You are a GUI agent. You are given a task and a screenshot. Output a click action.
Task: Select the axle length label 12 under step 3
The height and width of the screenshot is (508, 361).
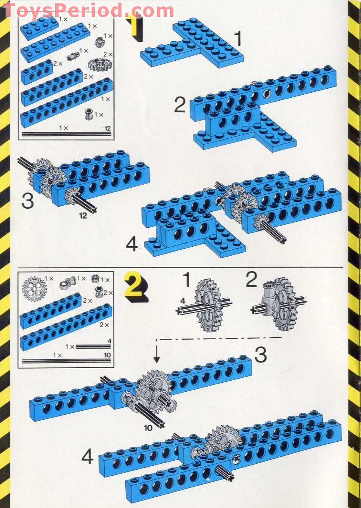83,215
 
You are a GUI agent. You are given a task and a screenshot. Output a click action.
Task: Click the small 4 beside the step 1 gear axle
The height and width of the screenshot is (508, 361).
183,301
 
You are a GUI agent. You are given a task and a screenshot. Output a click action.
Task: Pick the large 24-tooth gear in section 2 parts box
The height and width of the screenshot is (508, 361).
33,288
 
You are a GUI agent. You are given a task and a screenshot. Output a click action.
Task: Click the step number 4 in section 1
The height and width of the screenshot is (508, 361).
132,245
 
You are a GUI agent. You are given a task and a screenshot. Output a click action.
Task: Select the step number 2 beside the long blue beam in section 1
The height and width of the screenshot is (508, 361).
180,105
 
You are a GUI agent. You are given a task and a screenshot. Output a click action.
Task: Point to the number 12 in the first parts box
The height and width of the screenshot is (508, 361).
108,128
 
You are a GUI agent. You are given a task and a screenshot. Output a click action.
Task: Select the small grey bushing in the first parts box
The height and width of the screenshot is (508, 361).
89,115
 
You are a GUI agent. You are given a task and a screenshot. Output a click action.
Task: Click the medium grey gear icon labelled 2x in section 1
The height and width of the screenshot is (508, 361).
100,65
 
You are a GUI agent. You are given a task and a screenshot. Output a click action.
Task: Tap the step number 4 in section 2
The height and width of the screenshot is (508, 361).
87,456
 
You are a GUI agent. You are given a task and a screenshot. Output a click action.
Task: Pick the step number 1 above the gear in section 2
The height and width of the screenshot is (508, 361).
186,280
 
